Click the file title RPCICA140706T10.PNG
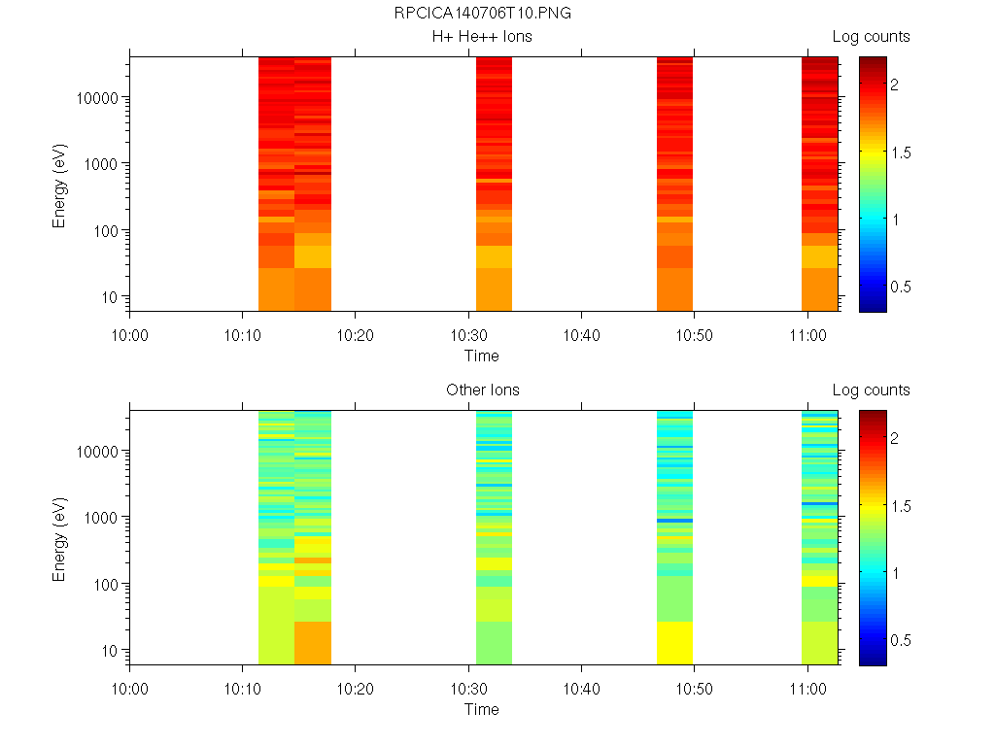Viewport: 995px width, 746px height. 482,13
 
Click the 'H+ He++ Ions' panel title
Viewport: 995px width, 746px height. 482,36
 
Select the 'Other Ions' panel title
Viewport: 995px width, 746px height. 482,390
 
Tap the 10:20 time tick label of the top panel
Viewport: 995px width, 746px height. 355,335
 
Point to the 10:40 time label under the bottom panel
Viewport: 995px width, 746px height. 581,689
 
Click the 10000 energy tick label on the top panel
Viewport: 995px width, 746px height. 97,98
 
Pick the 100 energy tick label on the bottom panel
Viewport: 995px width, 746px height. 106,584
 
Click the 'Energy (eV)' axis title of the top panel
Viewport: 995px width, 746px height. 59,186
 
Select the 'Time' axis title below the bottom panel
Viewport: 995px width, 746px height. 482,709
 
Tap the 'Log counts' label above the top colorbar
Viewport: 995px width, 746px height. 871,36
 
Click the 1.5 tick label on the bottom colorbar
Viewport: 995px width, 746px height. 901,506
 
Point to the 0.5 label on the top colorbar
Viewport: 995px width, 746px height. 901,287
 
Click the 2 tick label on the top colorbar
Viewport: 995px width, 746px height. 895,85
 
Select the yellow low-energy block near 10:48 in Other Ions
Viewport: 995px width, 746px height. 674,643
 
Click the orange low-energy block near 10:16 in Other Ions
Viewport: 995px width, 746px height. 313,643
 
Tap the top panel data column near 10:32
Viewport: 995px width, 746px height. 494,184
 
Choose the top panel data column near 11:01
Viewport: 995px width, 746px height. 820,184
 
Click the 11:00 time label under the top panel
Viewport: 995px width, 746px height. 807,335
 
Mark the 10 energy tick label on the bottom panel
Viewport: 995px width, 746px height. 110,651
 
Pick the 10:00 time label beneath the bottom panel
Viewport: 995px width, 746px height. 129,689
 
